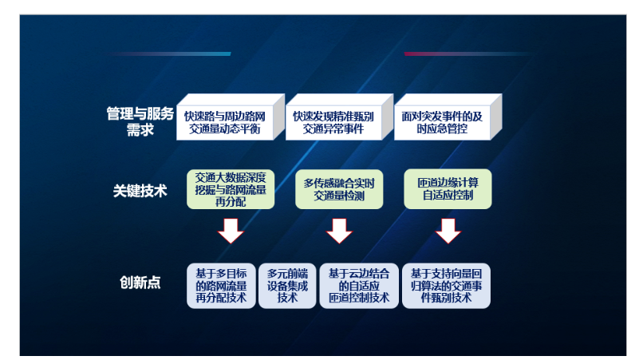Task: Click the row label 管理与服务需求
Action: pos(140,121)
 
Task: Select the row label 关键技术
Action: pos(140,191)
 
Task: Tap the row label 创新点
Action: pos(140,282)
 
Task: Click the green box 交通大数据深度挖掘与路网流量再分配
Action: pos(231,189)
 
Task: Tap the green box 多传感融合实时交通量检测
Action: pos(339,189)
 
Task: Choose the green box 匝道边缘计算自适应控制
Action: pos(448,189)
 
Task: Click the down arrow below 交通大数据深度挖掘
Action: pos(231,231)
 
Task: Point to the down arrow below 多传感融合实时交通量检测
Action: pos(339,231)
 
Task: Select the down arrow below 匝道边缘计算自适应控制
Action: pos(448,231)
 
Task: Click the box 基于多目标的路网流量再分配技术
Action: pos(221,286)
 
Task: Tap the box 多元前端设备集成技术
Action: pos(287,286)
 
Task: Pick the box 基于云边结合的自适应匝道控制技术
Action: pos(359,286)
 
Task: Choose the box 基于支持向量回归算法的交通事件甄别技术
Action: pos(446,286)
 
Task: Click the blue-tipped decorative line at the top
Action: pos(169,53)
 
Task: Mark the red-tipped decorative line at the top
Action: pos(468,53)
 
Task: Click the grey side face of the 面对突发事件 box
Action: pos(496,117)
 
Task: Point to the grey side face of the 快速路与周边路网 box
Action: pos(278,117)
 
